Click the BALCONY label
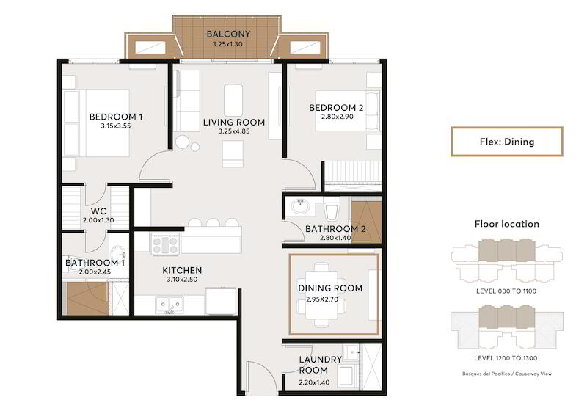(228, 34)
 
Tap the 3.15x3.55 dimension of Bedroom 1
(116, 126)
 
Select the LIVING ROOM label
(234, 123)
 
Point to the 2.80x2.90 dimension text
(338, 117)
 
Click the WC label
(98, 211)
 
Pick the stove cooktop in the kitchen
(165, 244)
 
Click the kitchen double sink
(169, 304)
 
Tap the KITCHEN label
(182, 270)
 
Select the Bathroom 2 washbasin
(300, 206)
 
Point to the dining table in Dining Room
(322, 295)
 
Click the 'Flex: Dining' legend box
(507, 142)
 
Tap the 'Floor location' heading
(507, 224)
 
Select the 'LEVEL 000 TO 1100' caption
(506, 291)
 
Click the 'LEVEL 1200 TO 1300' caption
(506, 358)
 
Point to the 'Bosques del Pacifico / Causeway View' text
(507, 374)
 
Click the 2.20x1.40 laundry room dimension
(314, 382)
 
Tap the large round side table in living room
(183, 142)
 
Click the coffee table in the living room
(233, 100)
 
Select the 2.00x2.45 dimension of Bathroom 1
(95, 272)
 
